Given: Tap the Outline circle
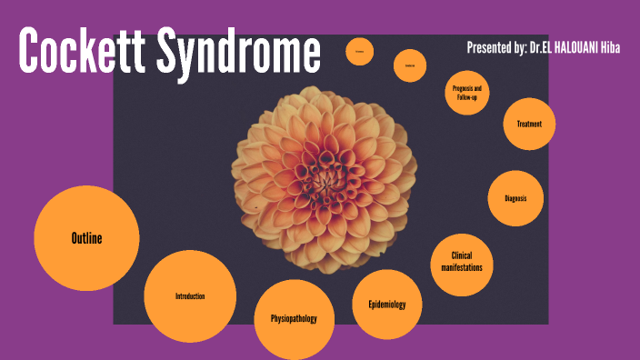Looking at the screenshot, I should click(x=86, y=238).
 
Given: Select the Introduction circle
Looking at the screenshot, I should click(x=190, y=296).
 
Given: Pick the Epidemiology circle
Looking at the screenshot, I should click(x=386, y=305).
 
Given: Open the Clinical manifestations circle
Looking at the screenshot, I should click(x=462, y=261).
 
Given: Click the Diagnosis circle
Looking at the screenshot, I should click(x=515, y=198).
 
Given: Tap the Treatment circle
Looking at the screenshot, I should click(x=529, y=124).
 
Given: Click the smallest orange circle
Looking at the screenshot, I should click(x=360, y=55).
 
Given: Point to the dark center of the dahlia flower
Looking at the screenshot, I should click(x=324, y=173).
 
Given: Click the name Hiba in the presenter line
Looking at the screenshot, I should click(x=607, y=46).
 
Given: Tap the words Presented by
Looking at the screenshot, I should click(x=495, y=46).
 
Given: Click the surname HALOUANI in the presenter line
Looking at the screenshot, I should click(x=571, y=46).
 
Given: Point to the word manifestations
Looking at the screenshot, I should click(x=462, y=267).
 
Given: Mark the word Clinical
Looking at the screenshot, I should click(x=462, y=255).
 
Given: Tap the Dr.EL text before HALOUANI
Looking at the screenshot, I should click(x=537, y=46).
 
